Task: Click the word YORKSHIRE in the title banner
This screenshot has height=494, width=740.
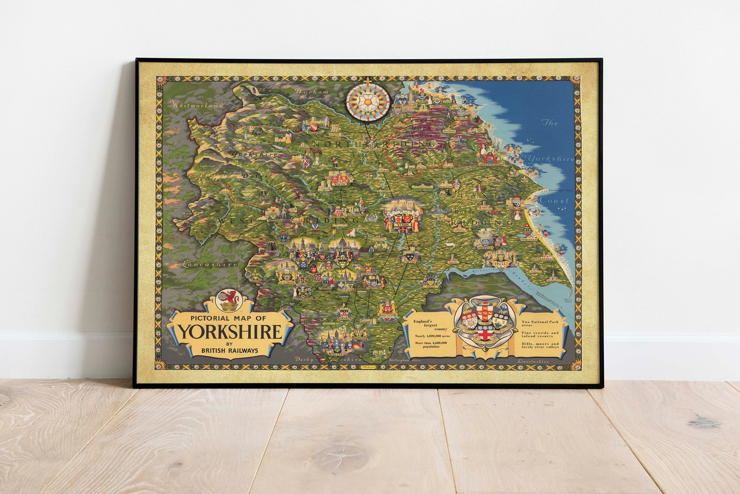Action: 231,331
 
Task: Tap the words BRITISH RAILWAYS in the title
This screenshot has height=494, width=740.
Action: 231,350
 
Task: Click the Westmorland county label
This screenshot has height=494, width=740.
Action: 192,106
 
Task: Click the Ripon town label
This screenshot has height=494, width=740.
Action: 339,185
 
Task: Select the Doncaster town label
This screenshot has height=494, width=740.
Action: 388,315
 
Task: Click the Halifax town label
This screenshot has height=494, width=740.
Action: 285,282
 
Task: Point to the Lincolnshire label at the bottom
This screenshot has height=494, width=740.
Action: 533,361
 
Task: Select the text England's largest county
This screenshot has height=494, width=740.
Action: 424,325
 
